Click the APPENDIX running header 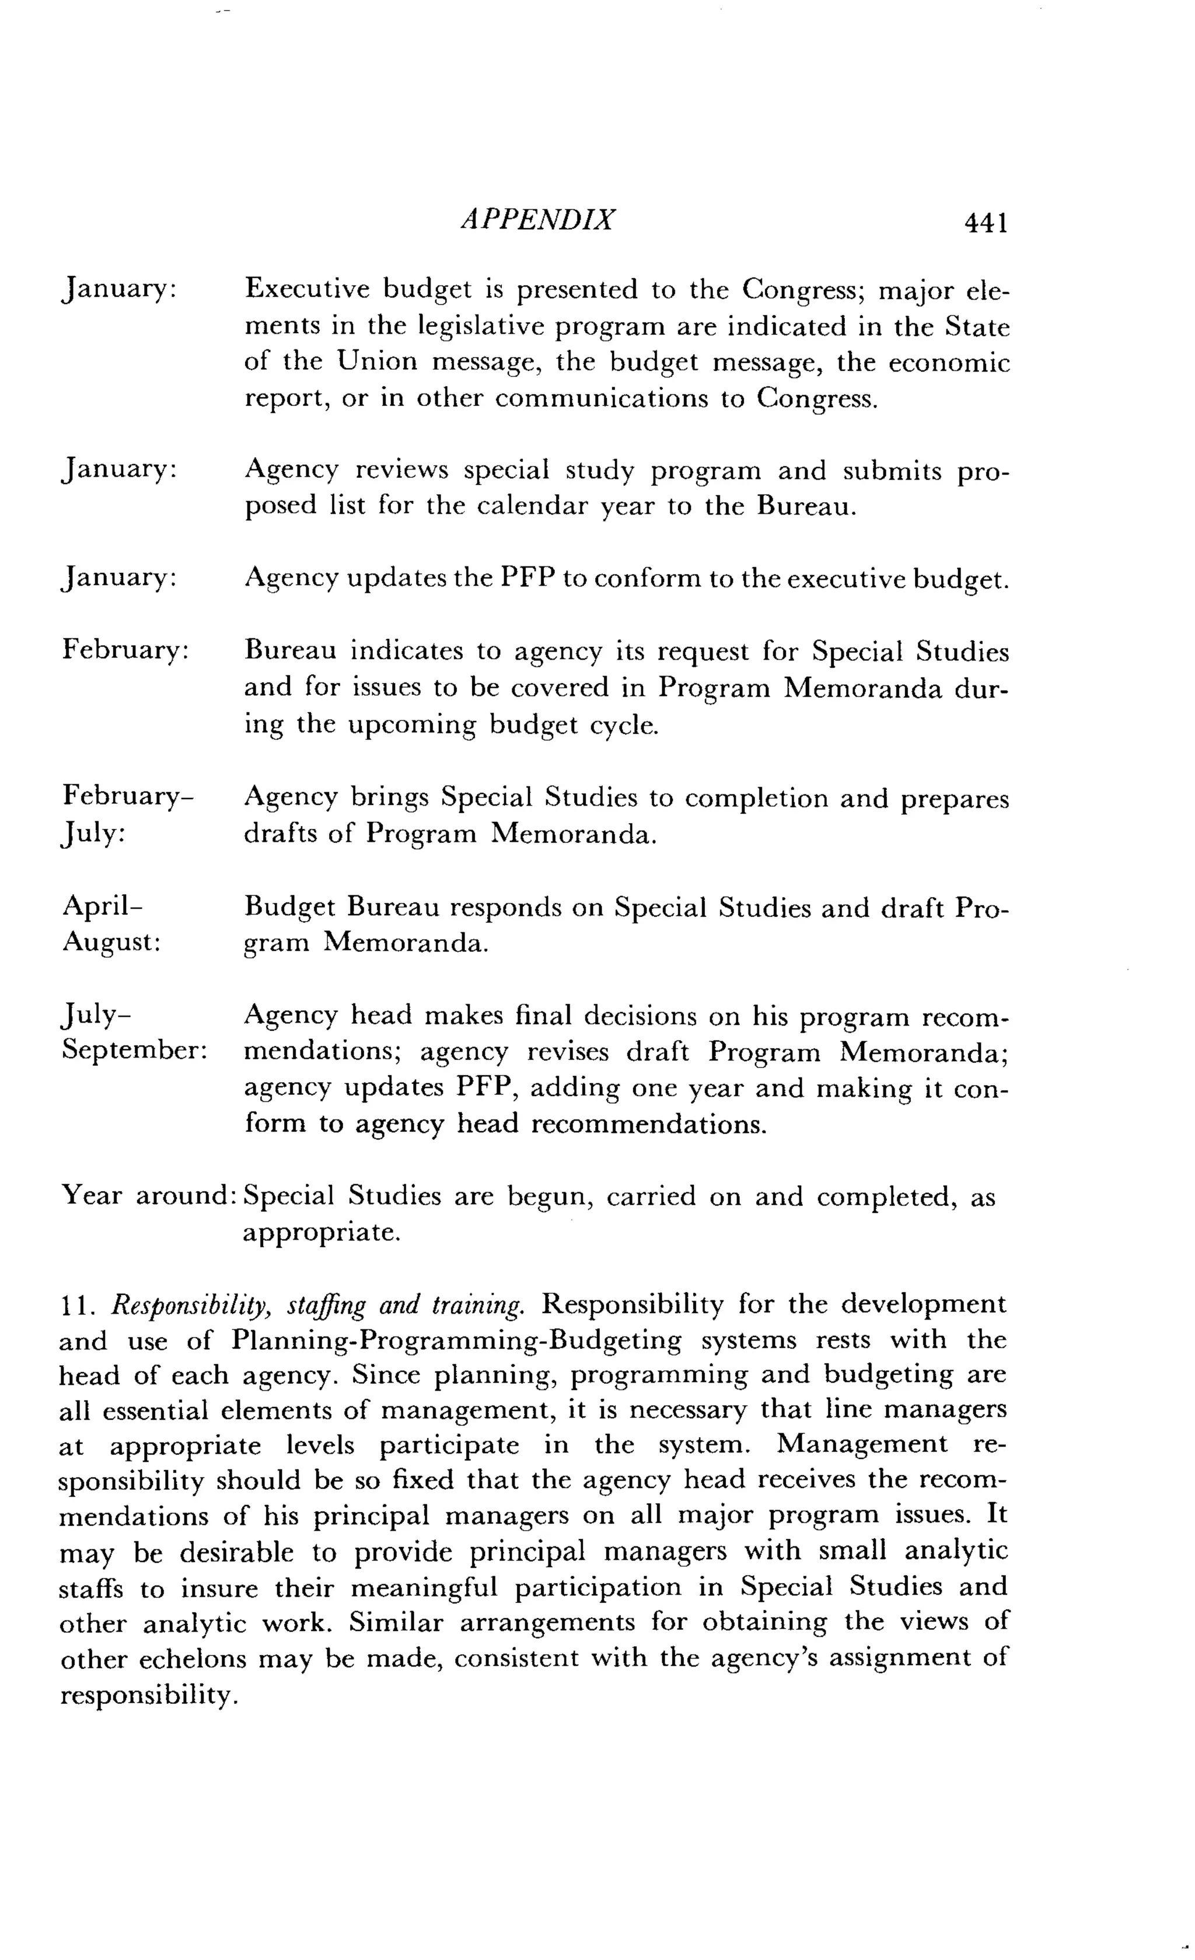538,219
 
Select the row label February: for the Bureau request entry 125,649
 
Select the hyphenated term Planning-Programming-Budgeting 457,1341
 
